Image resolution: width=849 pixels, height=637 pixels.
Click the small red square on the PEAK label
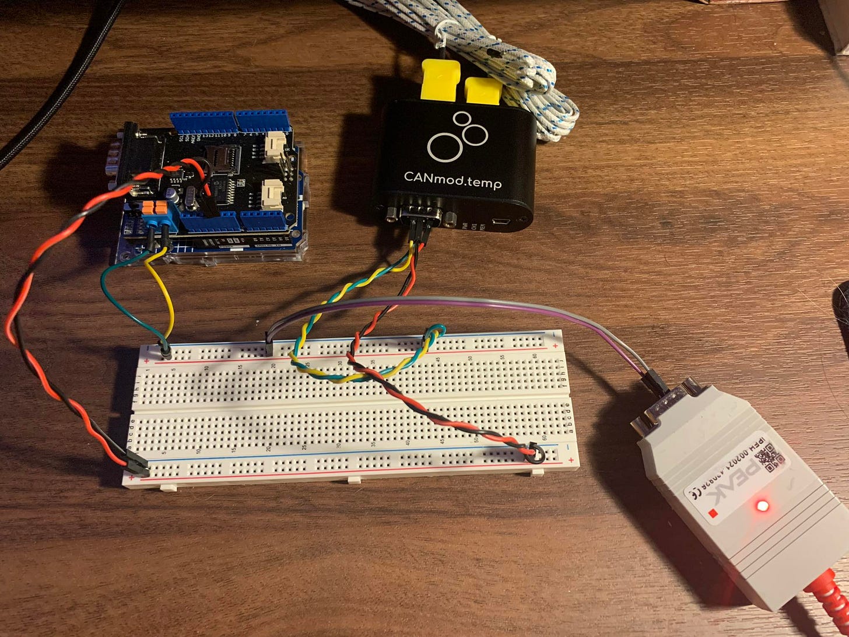coord(712,513)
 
